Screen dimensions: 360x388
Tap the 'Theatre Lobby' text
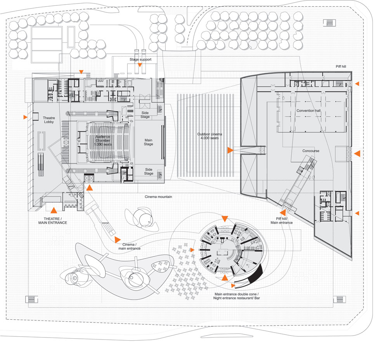pos(49,120)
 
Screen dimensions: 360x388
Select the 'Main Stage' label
pos(149,142)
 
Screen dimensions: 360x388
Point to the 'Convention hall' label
pos(308,110)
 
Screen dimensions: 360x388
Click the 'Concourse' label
pos(311,151)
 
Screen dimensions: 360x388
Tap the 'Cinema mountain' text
pos(158,197)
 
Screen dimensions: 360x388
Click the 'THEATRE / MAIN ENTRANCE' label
pos(53,220)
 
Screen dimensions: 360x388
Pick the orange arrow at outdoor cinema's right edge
pos(230,150)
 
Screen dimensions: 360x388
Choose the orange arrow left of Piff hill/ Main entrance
pos(282,212)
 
